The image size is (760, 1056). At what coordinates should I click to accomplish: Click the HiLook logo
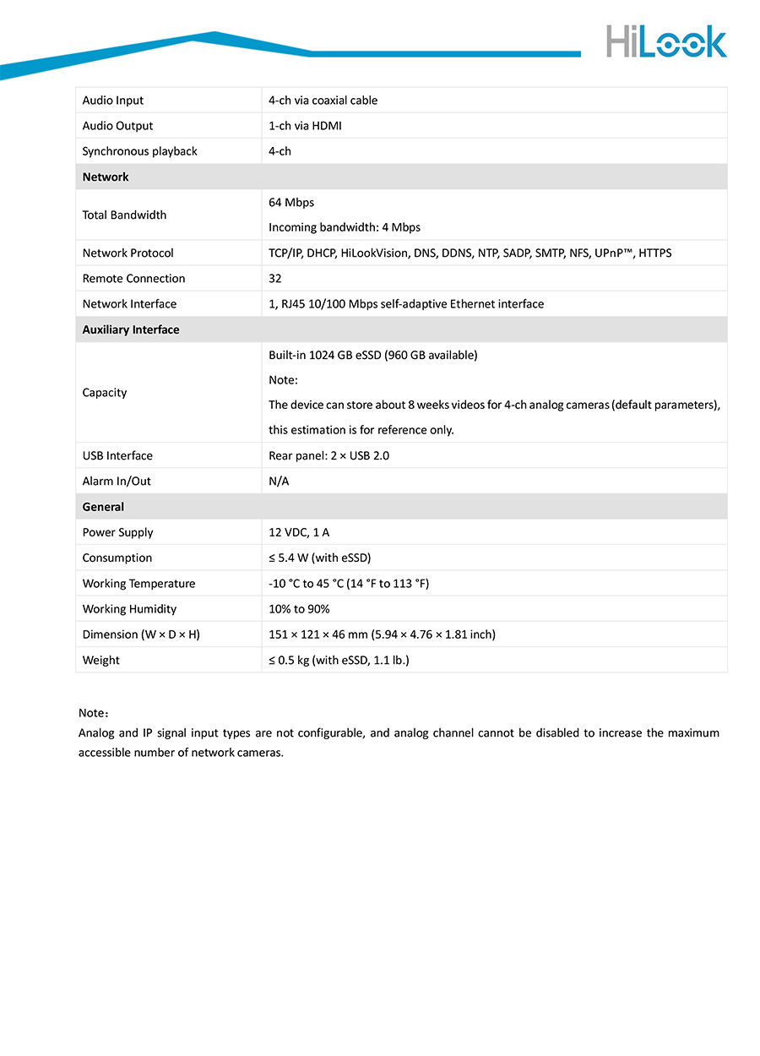click(665, 41)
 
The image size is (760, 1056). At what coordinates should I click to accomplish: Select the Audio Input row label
click(113, 101)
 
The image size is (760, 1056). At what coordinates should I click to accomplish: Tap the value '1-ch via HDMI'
click(305, 126)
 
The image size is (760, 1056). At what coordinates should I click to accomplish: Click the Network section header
click(106, 177)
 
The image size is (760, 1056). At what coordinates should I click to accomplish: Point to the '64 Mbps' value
click(291, 203)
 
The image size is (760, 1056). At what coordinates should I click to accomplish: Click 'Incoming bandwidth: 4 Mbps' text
click(344, 227)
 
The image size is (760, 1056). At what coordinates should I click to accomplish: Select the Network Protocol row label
click(128, 253)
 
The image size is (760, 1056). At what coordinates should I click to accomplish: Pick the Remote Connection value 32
click(275, 279)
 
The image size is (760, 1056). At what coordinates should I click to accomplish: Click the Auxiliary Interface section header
click(131, 329)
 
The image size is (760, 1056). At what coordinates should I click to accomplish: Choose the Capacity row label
click(105, 393)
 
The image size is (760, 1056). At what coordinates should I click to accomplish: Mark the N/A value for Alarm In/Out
click(280, 482)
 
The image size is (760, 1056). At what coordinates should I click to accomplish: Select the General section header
click(103, 507)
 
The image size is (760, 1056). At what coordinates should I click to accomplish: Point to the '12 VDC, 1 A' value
click(299, 533)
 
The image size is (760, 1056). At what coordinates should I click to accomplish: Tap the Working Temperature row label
click(138, 584)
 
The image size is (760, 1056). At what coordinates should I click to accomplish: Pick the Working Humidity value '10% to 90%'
click(299, 609)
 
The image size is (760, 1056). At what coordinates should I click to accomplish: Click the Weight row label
click(101, 661)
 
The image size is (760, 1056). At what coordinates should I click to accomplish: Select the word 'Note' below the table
click(90, 713)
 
